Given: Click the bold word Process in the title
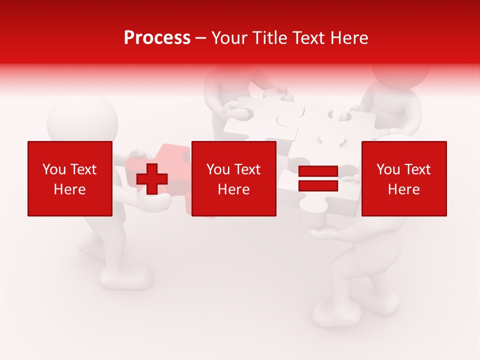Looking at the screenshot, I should [157, 38].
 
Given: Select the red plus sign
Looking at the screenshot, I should [152, 178].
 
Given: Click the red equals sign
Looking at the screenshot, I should [318, 178].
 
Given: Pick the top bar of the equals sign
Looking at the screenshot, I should [318, 171].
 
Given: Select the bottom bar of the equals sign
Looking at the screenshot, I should [318, 185].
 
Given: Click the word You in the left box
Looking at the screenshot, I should [54, 169].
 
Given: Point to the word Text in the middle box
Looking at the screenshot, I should [247, 169].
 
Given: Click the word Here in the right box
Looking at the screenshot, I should [404, 189].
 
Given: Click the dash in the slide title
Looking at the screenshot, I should [201, 38].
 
